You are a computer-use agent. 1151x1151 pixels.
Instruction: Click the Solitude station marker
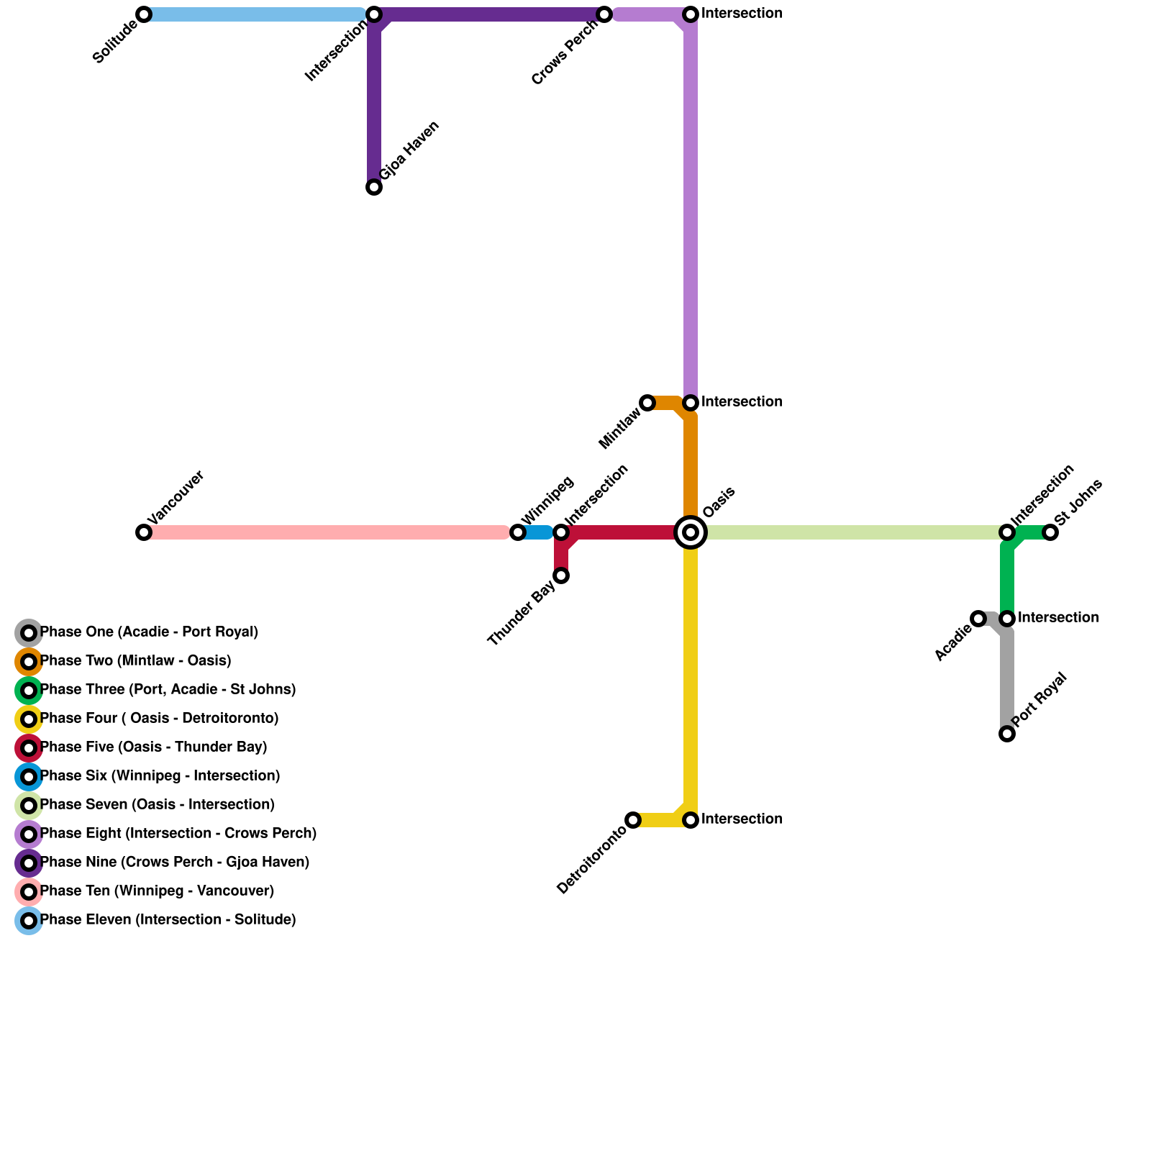[x=144, y=14]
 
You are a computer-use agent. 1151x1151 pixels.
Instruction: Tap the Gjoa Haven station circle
[x=374, y=187]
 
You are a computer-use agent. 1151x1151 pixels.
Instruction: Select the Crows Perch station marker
[x=604, y=14]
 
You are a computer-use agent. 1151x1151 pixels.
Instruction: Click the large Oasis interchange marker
[x=691, y=532]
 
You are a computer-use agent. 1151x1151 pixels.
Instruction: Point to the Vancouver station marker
[x=144, y=532]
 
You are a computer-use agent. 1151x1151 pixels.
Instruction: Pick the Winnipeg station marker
[x=518, y=532]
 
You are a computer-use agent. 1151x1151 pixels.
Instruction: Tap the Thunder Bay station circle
[x=561, y=575]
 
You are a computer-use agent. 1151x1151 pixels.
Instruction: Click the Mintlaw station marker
[x=647, y=403]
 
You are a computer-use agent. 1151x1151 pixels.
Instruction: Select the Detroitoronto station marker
[x=633, y=820]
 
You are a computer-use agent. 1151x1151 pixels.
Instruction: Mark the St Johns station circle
[x=1050, y=532]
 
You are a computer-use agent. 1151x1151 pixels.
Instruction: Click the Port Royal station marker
[x=1007, y=734]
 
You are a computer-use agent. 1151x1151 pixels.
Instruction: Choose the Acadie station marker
[x=978, y=619]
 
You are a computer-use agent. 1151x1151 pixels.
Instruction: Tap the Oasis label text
[x=719, y=502]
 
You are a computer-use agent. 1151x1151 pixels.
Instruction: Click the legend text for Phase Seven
[x=157, y=805]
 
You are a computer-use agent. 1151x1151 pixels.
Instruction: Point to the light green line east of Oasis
[x=849, y=532]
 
